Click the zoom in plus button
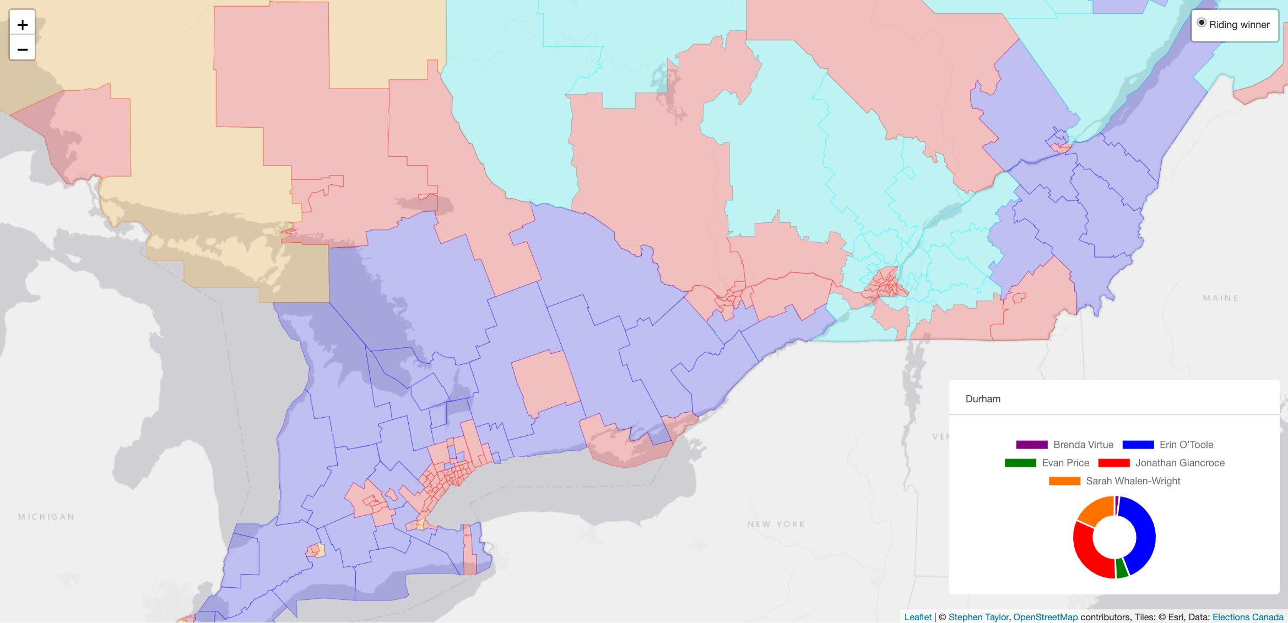point(23,25)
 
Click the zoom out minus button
point(23,50)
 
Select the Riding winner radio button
point(1202,23)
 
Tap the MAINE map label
point(1220,298)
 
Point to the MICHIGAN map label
point(46,517)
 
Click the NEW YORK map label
point(776,524)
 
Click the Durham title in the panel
point(983,399)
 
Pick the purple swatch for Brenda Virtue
point(1031,445)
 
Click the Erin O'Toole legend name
point(1186,445)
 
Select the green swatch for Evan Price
point(1020,463)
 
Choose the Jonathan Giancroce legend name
point(1179,463)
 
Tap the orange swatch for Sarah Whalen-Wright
point(1064,481)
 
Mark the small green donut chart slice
point(1122,569)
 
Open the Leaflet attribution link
point(918,617)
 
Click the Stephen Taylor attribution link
point(978,617)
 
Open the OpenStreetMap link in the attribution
point(1045,617)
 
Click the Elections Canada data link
point(1248,617)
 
